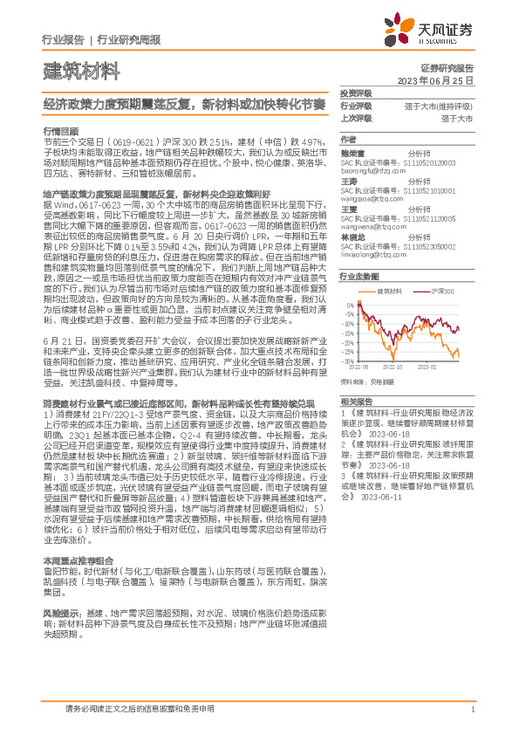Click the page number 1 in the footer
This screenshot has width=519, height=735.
pos(472,710)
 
